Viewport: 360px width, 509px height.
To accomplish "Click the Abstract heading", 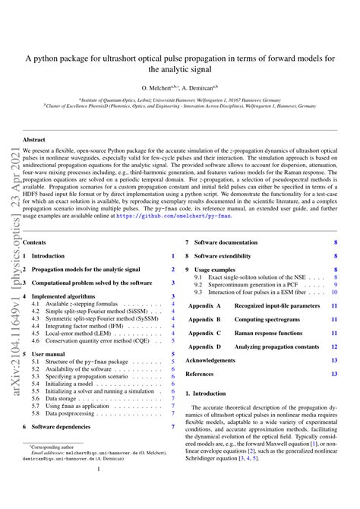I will tap(35, 140).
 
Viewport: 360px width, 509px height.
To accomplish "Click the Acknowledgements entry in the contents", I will tap(211, 360).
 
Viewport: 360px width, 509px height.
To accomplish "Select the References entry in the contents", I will tap(200, 374).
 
